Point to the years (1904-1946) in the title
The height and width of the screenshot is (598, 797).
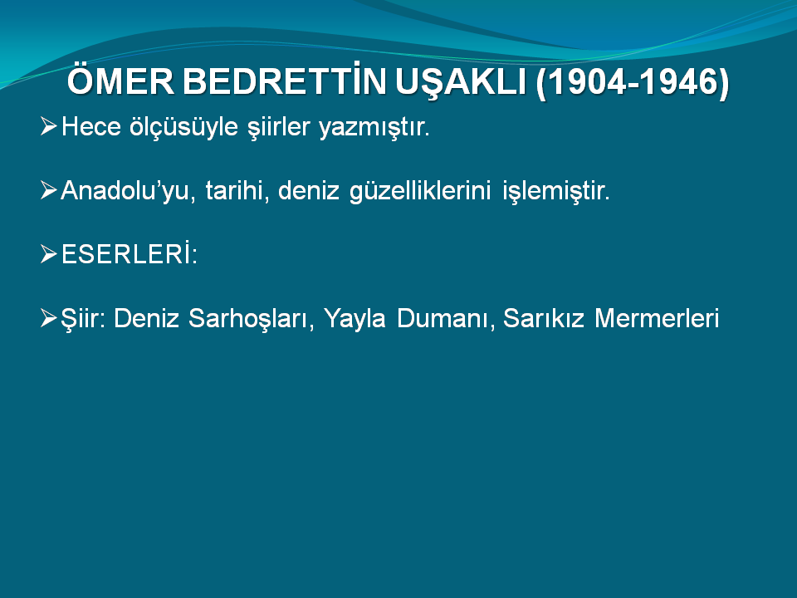[x=633, y=82]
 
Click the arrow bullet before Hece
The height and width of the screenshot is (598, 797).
[x=49, y=125]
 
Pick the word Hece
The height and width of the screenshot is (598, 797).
[x=91, y=126]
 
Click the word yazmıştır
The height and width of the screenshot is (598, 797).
[x=374, y=127]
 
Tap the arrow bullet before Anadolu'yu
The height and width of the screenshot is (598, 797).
[x=49, y=190]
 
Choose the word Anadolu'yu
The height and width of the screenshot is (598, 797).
[x=128, y=191]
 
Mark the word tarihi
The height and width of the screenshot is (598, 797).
[x=237, y=191]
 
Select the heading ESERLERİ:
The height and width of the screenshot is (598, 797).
[x=130, y=253]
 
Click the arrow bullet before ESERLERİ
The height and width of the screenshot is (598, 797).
[x=49, y=254]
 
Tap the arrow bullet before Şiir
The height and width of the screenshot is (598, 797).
[x=49, y=318]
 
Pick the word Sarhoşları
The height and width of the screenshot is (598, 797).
[x=251, y=319]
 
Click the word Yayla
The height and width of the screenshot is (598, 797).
[x=354, y=319]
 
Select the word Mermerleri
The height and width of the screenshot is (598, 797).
[x=657, y=318]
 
